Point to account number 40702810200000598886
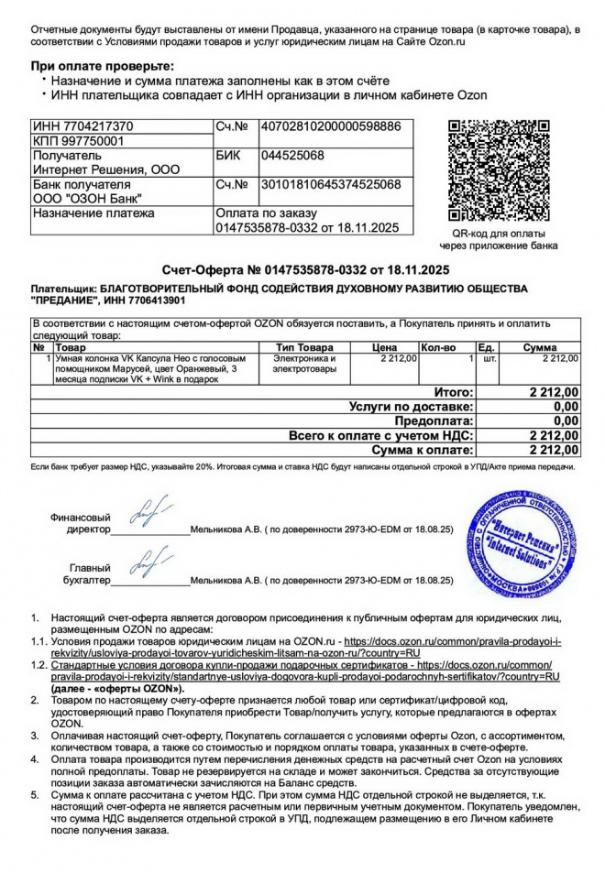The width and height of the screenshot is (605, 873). [331, 126]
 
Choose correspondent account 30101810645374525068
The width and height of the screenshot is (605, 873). [331, 184]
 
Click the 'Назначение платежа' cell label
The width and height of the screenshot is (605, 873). [93, 213]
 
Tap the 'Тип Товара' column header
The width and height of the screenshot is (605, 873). [305, 348]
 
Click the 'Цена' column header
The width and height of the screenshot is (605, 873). [384, 348]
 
